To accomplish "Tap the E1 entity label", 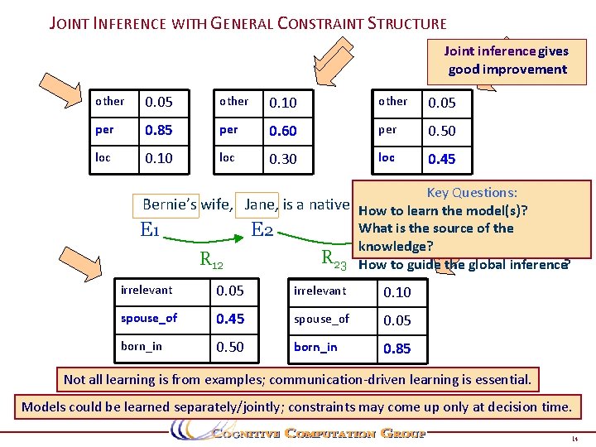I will point(150,230).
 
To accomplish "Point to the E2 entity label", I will point(262,229).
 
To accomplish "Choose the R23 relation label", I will point(334,261).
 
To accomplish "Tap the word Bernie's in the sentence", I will point(170,204).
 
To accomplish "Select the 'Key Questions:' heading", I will point(472,192).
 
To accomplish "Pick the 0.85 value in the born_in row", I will point(397,348).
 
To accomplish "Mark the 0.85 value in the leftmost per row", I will point(159,131).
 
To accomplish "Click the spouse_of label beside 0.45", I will point(149,318).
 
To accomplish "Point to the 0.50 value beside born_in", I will point(230,347).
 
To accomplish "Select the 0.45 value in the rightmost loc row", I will point(441,158).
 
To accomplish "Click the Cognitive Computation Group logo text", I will point(318,433).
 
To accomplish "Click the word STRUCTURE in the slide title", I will point(406,24).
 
